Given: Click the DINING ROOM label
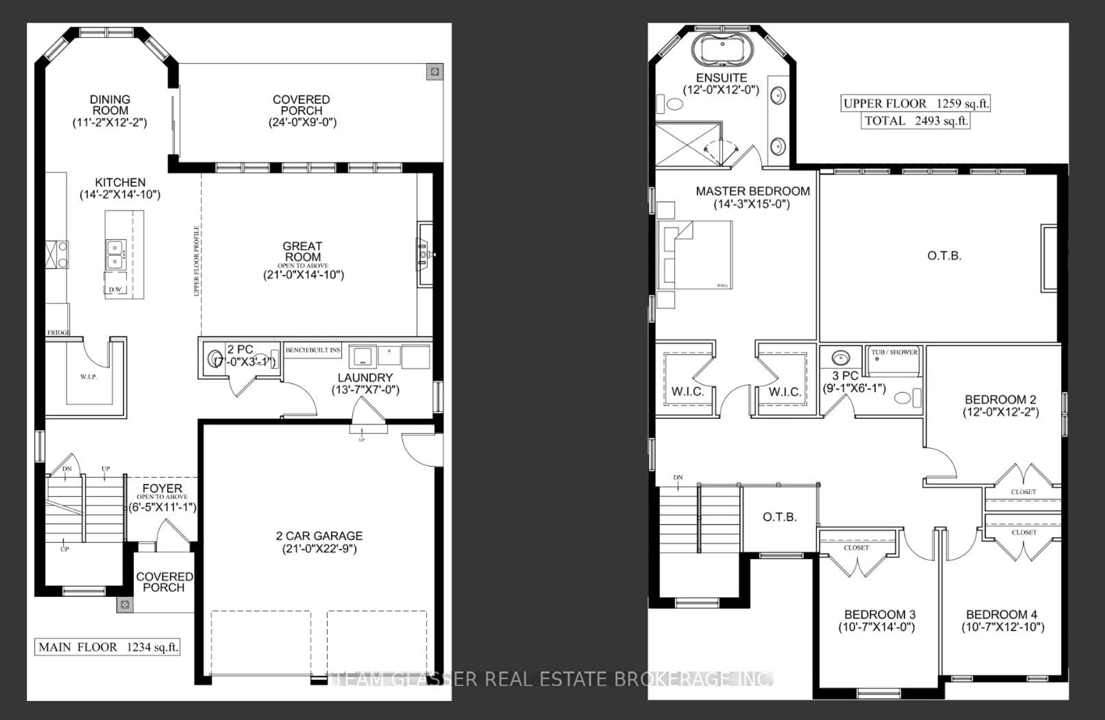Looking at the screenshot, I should pos(110,105).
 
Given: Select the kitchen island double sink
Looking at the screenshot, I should pos(115,254).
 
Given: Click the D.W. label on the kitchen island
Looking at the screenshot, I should pos(115,289).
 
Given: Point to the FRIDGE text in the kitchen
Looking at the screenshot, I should pos(58,332).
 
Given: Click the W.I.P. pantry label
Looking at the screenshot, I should pos(88,376).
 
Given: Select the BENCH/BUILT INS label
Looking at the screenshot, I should pos(313,350).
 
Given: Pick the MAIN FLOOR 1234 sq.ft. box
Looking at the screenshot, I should pos(107,647).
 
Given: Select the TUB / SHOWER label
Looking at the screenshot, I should pos(894,352).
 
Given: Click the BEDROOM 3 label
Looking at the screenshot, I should pos(879,614).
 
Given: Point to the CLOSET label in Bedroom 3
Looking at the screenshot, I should pos(856,548).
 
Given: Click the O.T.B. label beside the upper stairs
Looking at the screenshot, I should pos(780,517).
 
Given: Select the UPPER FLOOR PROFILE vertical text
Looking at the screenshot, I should pos(196,261).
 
